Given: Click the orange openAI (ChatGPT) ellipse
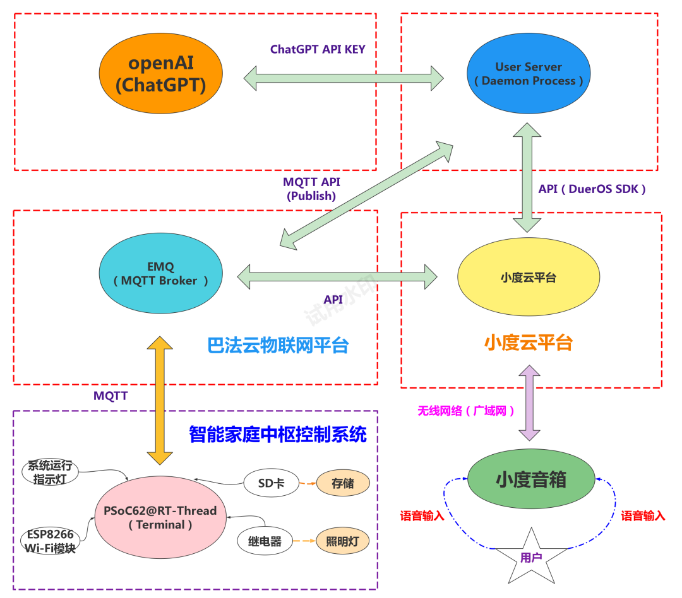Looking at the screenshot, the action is [161, 73].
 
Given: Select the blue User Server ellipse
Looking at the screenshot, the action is [529, 73].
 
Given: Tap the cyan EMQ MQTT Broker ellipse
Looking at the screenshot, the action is [161, 273].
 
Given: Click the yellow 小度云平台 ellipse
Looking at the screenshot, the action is [529, 277].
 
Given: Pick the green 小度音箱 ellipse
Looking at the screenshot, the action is [531, 479].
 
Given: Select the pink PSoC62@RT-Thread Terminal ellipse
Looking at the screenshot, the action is [160, 517].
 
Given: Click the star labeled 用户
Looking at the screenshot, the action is [532, 558].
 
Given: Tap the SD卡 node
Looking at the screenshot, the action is [272, 483].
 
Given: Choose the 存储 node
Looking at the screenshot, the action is [343, 483].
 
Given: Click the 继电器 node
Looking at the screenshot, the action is [265, 541].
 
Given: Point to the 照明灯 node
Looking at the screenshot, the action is [343, 541].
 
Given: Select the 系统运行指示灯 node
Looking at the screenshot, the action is [50, 472].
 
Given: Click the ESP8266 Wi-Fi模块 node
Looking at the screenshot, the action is [50, 541].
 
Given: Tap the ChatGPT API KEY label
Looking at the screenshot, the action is [318, 49].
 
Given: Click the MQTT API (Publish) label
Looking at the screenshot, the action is [311, 189].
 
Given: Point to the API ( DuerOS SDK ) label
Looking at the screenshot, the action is [592, 189].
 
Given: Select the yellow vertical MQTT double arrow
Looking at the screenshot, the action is [160, 401].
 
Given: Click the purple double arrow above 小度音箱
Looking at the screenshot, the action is [530, 403].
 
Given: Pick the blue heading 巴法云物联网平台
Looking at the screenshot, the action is [278, 346].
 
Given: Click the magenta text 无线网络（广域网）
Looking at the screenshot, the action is [466, 411].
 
